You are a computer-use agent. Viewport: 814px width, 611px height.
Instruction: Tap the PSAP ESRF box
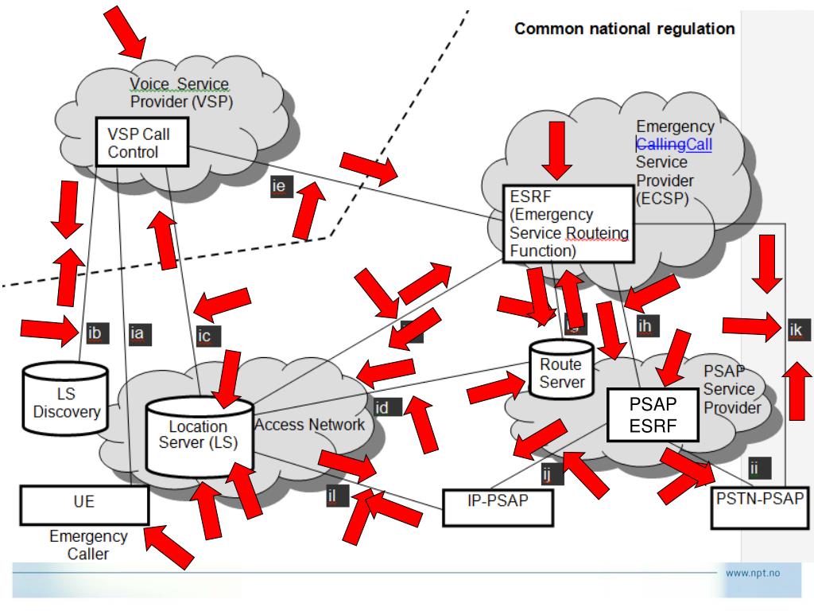pyautogui.click(x=653, y=414)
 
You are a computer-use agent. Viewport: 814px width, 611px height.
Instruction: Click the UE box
pyautogui.click(x=84, y=504)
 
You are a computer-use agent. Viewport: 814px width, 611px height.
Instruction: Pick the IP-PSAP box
pyautogui.click(x=498, y=507)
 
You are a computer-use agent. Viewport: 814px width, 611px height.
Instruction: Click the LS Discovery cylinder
pyautogui.click(x=65, y=403)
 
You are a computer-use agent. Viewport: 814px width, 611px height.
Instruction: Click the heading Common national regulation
pyautogui.click(x=625, y=29)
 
